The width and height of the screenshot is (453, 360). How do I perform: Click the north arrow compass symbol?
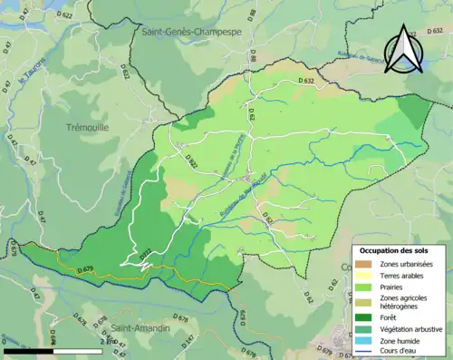402,49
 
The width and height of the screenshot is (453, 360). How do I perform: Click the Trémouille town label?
88,129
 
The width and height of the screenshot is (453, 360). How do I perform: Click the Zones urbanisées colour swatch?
364,264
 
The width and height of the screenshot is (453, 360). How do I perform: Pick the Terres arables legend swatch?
364,276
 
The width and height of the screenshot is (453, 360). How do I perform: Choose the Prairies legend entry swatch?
364,287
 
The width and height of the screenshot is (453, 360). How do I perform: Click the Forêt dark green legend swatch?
364,316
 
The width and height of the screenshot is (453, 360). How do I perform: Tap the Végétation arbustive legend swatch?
364,328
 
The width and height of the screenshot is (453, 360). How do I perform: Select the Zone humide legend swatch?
364,340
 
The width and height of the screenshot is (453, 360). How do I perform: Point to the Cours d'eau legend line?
364,352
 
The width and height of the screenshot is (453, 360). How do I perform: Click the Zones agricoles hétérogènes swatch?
364,302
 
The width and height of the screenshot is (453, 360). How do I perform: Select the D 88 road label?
253,62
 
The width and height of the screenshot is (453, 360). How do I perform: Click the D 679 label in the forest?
85,269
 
